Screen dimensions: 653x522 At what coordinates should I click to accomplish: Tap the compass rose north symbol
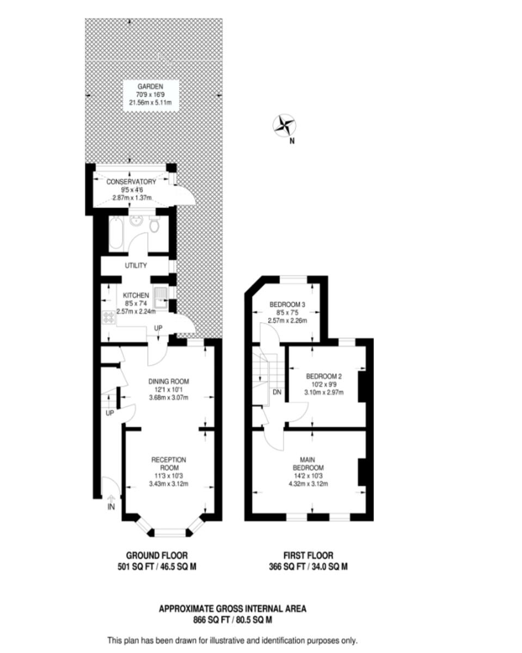pyautogui.click(x=284, y=125)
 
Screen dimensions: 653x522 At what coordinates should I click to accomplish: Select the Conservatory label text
pyautogui.click(x=131, y=182)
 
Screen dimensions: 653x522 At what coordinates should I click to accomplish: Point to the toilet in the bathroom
pyautogui.click(x=155, y=225)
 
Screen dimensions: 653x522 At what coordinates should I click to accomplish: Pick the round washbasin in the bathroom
pyautogui.click(x=136, y=221)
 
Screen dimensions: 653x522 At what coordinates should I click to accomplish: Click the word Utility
pyautogui.click(x=136, y=266)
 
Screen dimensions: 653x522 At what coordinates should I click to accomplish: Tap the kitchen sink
pyautogui.click(x=162, y=297)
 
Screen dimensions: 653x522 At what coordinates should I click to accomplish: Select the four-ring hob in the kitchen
pyautogui.click(x=108, y=317)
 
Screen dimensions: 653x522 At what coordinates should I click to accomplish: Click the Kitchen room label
pyautogui.click(x=136, y=295)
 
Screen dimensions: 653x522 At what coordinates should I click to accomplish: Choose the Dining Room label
pyautogui.click(x=168, y=381)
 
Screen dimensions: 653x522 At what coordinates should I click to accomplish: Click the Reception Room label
pyautogui.click(x=168, y=464)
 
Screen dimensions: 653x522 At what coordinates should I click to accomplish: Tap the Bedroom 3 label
pyautogui.click(x=288, y=305)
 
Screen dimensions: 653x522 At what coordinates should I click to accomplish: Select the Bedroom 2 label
pyautogui.click(x=324, y=377)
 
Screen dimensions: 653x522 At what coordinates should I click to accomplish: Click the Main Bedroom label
pyautogui.click(x=309, y=464)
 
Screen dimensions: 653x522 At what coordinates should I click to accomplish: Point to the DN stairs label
pyautogui.click(x=277, y=392)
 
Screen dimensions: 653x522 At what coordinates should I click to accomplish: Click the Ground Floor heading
pyautogui.click(x=157, y=556)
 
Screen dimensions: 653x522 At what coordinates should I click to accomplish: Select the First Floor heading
pyautogui.click(x=308, y=556)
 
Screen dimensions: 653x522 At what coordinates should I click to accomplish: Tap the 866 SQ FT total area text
pyautogui.click(x=232, y=619)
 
